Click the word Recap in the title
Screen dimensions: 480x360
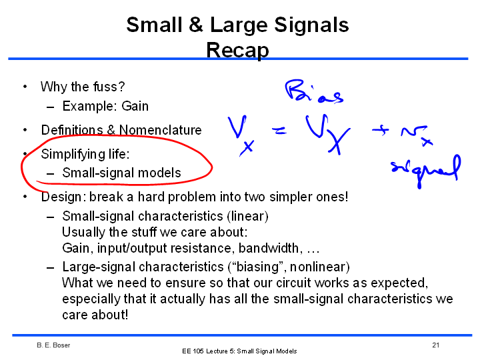tap(237, 50)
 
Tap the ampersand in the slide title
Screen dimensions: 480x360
tap(196, 25)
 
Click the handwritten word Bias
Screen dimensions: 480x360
tap(313, 91)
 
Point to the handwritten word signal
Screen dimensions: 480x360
tap(426, 171)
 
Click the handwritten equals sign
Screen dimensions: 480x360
tap(279, 131)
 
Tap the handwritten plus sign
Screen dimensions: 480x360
tap(380, 131)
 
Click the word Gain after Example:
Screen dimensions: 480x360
tap(135, 106)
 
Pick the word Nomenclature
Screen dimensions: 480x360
tap(161, 130)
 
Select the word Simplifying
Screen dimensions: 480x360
tap(73, 154)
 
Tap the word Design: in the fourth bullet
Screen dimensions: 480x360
tap(63, 197)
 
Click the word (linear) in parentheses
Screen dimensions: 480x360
tap(247, 216)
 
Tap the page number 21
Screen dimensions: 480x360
tap(436, 345)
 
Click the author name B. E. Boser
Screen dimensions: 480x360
tap(53, 345)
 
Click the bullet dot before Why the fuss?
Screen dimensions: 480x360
tap(25, 87)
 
